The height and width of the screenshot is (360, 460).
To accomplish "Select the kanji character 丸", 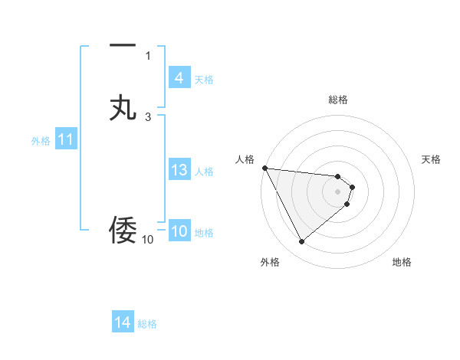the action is point(123,108).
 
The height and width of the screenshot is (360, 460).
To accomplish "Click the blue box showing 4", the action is point(179,78).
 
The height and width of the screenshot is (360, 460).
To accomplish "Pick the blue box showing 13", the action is point(179,170).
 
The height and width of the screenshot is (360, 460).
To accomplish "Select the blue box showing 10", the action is point(179,232).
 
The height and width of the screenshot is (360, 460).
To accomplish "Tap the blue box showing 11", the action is point(65,140).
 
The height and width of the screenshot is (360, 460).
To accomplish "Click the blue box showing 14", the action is point(122,323).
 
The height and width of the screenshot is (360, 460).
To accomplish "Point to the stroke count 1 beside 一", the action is point(148,55).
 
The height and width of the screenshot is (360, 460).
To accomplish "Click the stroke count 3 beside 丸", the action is point(148,116).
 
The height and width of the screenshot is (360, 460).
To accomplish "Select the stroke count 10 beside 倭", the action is point(147,240).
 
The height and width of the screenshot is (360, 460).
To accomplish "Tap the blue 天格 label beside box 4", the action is point(203,80).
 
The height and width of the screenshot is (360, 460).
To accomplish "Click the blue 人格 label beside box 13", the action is point(204,172).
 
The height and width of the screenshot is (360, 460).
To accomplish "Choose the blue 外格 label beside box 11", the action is point(41,141).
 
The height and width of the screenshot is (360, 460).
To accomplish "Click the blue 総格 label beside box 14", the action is point(147,324).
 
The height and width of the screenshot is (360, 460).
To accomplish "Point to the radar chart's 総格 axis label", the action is point(338,100).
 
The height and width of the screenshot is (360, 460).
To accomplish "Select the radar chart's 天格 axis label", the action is point(432,159).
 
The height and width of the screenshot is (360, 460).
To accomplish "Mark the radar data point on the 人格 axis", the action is point(264,168).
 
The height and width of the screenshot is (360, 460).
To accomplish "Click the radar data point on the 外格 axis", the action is point(301,242).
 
